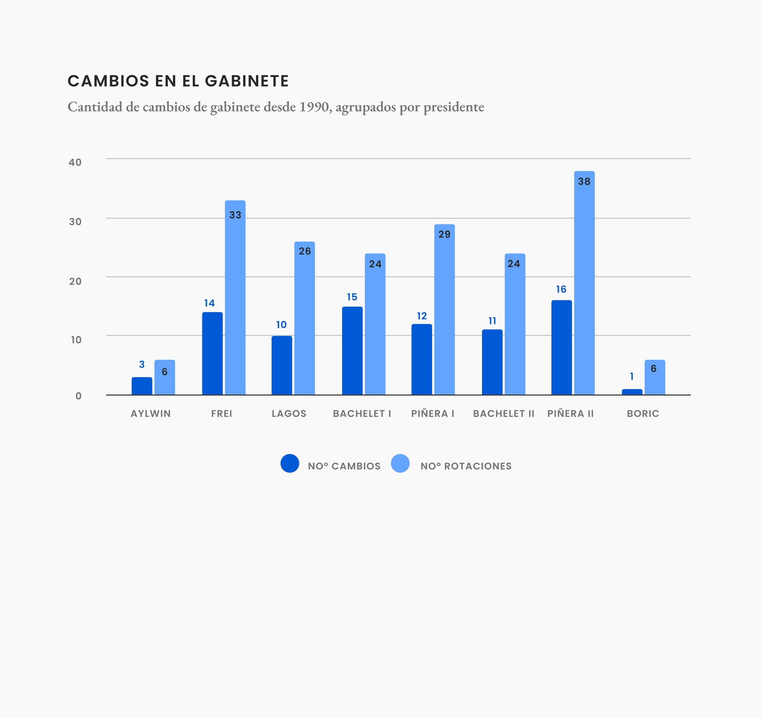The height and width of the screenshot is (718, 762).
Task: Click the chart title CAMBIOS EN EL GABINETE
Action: (178, 81)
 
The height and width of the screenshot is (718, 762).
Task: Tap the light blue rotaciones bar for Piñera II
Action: (584, 283)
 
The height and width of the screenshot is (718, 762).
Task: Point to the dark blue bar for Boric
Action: (632, 392)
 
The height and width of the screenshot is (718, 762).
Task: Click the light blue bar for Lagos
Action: (305, 318)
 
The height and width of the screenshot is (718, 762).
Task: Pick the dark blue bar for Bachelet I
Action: (352, 350)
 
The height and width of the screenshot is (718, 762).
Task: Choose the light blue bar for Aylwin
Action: (165, 377)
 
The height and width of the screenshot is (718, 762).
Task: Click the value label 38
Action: (584, 182)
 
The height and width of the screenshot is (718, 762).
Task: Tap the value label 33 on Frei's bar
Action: (235, 215)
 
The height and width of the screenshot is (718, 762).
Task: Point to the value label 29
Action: (445, 235)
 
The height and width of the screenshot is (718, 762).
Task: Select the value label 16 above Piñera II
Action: (561, 289)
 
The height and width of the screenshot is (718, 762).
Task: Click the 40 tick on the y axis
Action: (75, 162)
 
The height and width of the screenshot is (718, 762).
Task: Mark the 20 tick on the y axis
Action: (75, 281)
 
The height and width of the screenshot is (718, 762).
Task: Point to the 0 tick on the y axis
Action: (78, 396)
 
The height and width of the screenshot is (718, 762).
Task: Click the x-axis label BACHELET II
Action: (504, 414)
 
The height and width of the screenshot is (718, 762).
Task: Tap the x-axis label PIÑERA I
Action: (433, 414)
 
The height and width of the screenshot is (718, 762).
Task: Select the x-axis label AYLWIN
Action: (150, 414)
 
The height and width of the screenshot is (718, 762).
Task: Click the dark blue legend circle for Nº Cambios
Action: (290, 463)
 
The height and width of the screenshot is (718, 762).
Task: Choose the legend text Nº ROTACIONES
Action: (466, 466)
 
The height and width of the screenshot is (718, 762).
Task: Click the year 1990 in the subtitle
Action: (314, 107)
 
